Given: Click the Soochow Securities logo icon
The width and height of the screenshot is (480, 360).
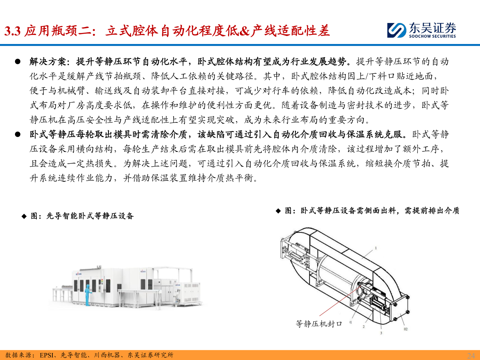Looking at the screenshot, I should (x=397, y=30).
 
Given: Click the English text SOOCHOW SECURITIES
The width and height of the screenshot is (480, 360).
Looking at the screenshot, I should (x=432, y=36).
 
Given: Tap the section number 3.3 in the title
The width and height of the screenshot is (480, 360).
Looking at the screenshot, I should (x=13, y=31).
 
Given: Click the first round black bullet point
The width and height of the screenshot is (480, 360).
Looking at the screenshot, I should (x=18, y=62).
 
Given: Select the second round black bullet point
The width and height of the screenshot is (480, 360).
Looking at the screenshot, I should (x=18, y=134).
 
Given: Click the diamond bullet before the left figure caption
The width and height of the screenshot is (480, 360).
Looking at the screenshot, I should (x=24, y=216).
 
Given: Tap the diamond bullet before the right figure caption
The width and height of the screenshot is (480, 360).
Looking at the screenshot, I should (x=278, y=211).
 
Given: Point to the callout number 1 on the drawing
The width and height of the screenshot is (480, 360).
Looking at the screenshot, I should (x=376, y=248).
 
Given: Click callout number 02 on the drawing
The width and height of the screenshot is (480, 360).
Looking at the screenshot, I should (x=406, y=329).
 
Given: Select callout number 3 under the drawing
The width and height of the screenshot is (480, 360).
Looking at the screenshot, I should (x=381, y=333).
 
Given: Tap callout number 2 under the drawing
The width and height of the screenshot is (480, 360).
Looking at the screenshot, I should (x=364, y=327).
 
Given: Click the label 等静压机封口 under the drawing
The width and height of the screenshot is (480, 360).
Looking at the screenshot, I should (x=319, y=324).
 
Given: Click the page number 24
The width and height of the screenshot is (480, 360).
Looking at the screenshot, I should (x=471, y=355).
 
